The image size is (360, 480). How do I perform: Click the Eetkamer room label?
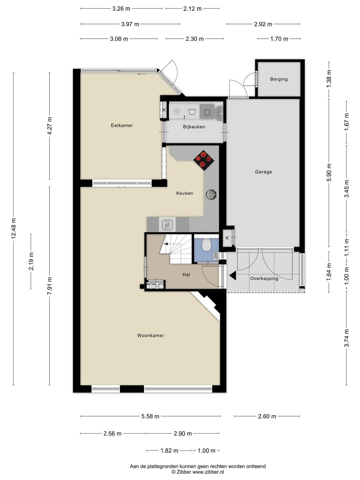tap(122, 125)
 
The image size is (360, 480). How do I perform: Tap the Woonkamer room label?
tap(151, 335)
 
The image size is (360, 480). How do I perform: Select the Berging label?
tap(279, 79)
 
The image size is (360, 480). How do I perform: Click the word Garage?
tap(263, 172)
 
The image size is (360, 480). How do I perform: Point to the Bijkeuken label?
tap(194, 127)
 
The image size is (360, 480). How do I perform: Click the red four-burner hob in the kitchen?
tap(204, 160)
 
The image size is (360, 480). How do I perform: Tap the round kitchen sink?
tap(212, 194)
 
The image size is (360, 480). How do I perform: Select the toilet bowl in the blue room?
tap(206, 244)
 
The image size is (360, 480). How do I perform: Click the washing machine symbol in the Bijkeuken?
tap(192, 112)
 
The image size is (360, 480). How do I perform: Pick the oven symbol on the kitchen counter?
tap(167, 224)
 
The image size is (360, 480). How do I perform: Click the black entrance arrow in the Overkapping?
tap(233, 276)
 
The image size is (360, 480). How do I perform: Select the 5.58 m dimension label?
tap(150, 416)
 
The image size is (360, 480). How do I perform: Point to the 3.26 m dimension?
tap(121, 9)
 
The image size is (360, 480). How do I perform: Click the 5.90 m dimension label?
tap(329, 172)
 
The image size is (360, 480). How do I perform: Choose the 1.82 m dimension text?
tap(169, 450)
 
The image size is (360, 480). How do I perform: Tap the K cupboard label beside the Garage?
tap(227, 238)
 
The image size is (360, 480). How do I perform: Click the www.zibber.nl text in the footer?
tap(208, 472)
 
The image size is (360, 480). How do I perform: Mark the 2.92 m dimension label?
tap(263, 24)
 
